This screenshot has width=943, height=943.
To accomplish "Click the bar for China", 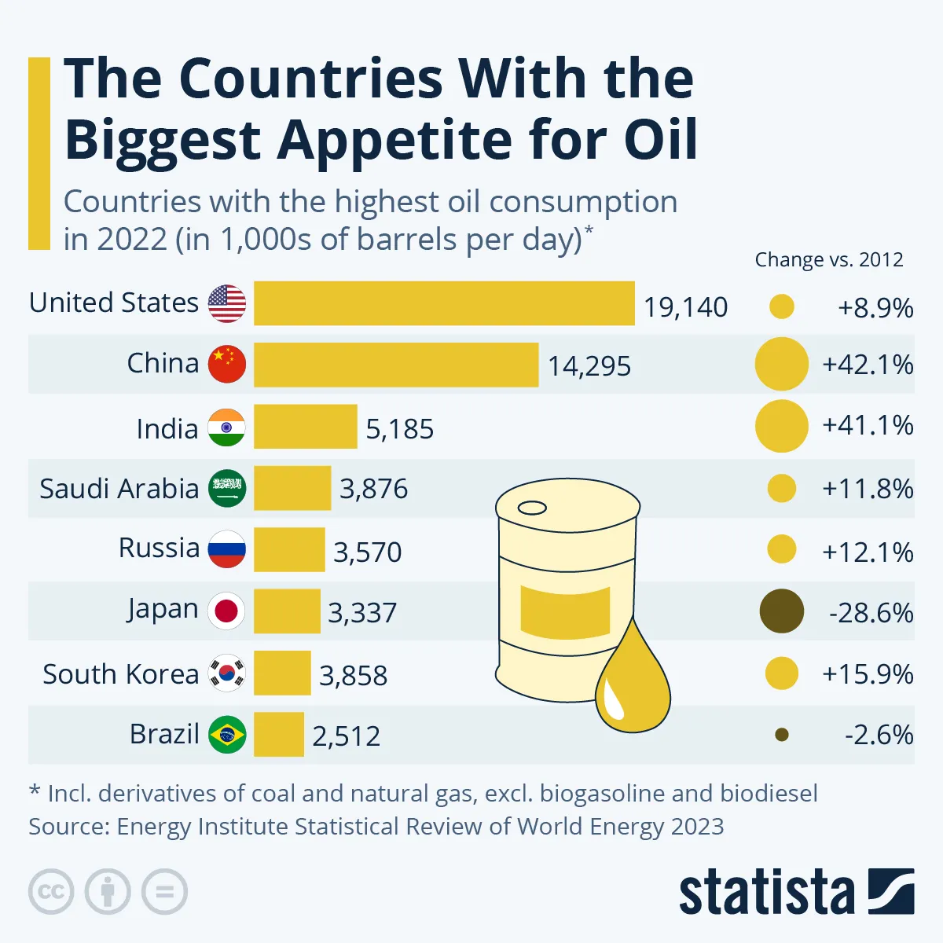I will [x=396, y=365].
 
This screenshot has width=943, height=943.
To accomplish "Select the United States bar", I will [x=444, y=303].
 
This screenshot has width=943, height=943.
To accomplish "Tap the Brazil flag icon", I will [x=227, y=735].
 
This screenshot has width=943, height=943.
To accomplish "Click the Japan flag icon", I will [x=227, y=611].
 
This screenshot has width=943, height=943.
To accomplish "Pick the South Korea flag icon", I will [x=227, y=673].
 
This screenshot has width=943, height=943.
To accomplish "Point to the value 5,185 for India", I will [x=400, y=429].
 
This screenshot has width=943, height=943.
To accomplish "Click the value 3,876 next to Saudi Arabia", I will [x=374, y=489].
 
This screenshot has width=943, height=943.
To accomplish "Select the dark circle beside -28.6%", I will [x=782, y=611].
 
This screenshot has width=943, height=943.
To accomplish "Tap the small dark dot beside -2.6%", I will [x=781, y=735].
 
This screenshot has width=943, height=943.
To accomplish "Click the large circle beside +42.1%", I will [x=782, y=365].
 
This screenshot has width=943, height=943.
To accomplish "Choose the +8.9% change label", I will [x=875, y=307].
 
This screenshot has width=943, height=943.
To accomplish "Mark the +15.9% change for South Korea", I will [x=868, y=674].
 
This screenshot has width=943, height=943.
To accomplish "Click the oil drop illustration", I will [x=632, y=684].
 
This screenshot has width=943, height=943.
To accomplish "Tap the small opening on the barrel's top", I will [x=532, y=508].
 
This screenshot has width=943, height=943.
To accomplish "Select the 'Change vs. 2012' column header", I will [x=829, y=260].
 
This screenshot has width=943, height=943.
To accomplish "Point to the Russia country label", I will [x=159, y=548].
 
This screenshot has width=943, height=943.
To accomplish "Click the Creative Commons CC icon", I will [x=51, y=892].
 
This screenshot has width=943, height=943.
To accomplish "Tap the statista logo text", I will [x=766, y=893].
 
